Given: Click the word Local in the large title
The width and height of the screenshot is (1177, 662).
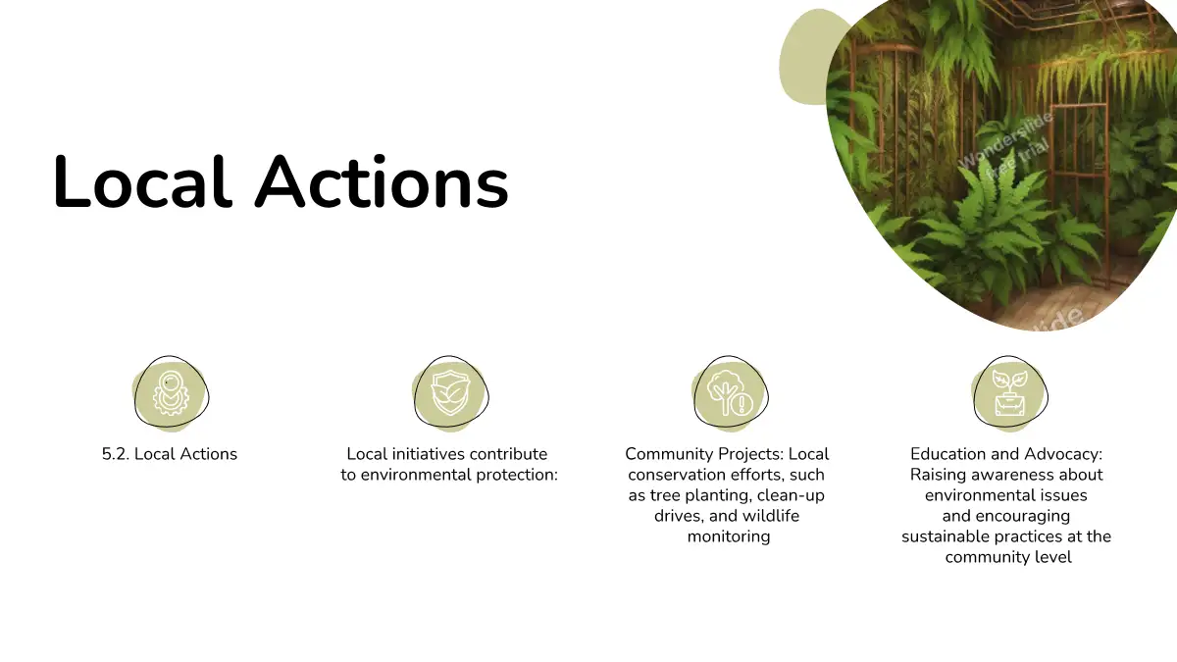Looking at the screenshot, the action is [x=142, y=181].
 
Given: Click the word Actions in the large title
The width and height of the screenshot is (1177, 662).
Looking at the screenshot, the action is [x=382, y=181].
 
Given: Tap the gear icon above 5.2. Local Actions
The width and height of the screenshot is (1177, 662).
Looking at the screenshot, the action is [x=172, y=392].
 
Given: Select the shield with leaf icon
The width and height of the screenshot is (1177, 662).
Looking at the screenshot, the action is [x=450, y=393].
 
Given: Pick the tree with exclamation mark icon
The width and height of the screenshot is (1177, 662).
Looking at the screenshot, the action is [x=730, y=392].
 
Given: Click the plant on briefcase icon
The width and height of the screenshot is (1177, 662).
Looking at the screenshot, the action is [x=1009, y=393].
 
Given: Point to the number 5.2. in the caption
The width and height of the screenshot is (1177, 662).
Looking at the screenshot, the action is [x=116, y=454].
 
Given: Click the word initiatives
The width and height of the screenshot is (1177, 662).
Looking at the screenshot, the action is [x=422, y=454].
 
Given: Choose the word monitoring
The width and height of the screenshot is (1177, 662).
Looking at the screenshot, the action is [x=729, y=536].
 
